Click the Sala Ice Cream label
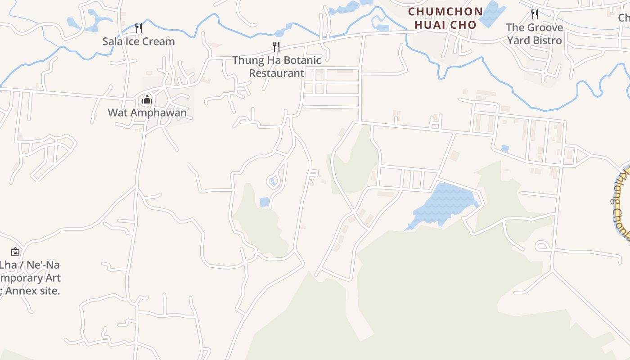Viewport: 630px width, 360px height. click(139, 41)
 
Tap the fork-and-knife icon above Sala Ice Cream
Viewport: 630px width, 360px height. click(139, 28)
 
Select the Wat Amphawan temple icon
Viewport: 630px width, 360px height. click(147, 99)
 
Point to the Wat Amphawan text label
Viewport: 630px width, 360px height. click(147, 112)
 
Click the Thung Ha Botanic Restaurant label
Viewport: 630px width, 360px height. click(277, 67)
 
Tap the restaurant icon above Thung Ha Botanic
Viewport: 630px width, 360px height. click(276, 46)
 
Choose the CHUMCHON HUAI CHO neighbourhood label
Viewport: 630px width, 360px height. click(445, 18)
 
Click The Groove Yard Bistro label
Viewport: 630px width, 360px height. click(535, 34)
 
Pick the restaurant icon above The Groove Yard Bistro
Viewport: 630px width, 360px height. click(534, 14)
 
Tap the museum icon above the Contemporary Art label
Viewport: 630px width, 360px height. click(15, 252)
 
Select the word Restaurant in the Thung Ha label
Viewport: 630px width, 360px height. click(277, 73)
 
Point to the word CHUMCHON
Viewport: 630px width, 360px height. click(445, 12)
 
